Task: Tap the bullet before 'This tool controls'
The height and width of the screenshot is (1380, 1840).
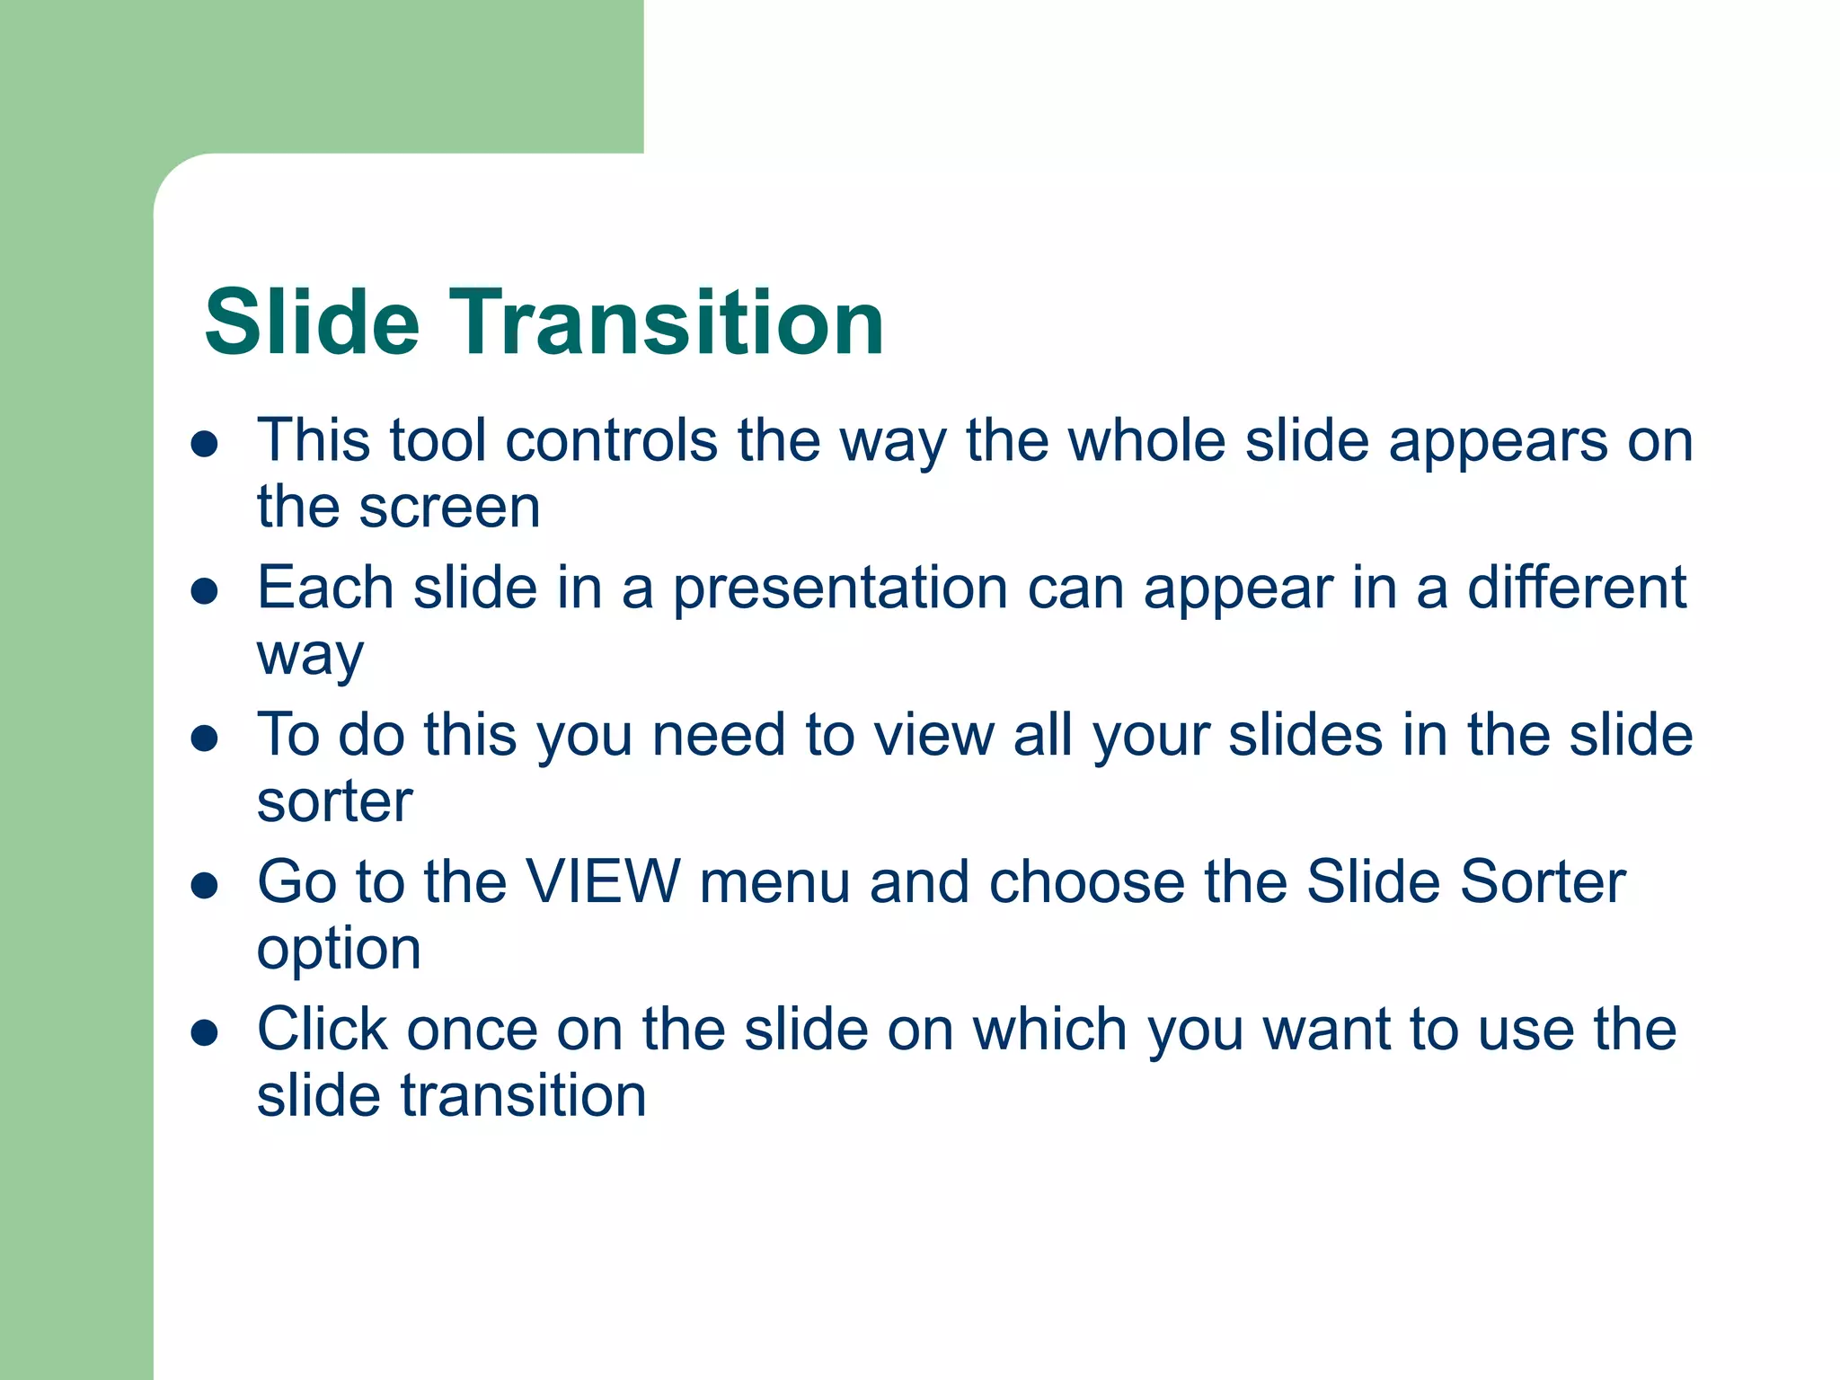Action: (205, 444)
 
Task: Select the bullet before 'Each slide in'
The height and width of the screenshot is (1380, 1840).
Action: (205, 590)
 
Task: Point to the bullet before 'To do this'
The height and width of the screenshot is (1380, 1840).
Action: (205, 738)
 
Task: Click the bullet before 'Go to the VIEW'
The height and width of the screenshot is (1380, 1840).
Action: (205, 885)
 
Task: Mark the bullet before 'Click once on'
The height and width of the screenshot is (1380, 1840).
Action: (205, 1032)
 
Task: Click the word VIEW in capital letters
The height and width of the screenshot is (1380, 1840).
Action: (603, 881)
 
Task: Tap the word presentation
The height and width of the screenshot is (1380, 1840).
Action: (840, 588)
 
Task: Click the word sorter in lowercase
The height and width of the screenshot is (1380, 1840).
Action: (334, 801)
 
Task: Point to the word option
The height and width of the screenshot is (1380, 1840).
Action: (339, 951)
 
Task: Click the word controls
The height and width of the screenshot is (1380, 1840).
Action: (611, 441)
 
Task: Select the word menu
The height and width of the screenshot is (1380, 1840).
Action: (774, 881)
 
